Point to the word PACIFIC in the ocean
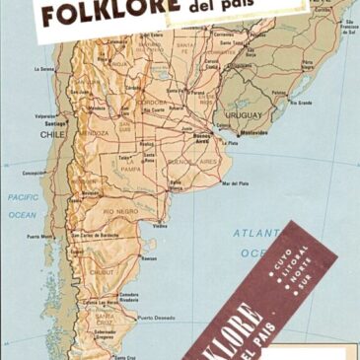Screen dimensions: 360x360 24,197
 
